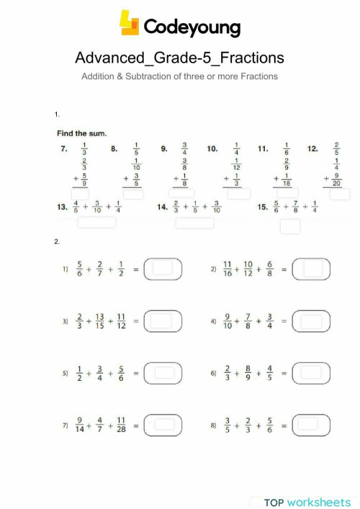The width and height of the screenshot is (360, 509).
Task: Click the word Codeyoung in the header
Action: coord(191,27)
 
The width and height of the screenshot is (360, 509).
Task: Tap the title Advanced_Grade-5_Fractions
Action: coord(179,57)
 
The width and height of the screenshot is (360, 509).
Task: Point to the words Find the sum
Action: coord(82,133)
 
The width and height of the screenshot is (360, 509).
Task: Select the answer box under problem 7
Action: coord(80,194)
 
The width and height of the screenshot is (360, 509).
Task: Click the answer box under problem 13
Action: coord(96,222)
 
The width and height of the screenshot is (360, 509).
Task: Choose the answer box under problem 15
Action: coord(290,226)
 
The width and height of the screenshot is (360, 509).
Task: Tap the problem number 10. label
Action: coord(212,149)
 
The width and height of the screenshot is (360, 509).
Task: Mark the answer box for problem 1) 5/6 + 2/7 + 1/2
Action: coord(162,269)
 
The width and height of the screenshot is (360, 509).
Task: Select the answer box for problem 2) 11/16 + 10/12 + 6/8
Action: coord(311,269)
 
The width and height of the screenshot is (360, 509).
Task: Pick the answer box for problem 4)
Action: coord(311,320)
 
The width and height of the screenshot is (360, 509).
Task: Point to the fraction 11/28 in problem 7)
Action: coord(121,425)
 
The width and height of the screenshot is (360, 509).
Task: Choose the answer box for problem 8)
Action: coord(311,425)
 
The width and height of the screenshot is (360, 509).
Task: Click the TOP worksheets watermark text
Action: coord(307,501)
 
